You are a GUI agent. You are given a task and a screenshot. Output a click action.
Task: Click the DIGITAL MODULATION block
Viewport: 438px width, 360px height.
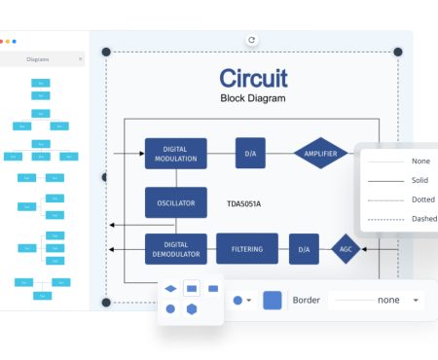pos(176,153)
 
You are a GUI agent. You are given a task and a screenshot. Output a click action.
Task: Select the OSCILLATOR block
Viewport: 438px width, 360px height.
pos(176,203)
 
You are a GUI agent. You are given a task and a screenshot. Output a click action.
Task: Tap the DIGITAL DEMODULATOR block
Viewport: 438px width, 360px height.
pos(176,249)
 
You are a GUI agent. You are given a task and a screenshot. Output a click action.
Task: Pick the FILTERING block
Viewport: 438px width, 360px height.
pos(246,249)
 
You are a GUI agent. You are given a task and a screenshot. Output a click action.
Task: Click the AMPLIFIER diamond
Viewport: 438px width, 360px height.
pos(320,153)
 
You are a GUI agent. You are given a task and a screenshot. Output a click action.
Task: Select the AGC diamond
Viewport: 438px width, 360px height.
pos(345,249)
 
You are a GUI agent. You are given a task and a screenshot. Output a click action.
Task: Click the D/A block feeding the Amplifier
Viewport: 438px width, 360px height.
pos(250,153)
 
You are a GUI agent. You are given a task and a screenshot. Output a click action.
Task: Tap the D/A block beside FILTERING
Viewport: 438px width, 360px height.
pos(304,249)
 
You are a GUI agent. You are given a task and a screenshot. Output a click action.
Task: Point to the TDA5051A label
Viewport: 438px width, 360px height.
pos(244,204)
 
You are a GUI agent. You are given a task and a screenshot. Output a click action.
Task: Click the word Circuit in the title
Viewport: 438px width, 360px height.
pos(252,78)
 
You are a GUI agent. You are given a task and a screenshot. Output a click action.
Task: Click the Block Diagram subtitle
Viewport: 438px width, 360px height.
pos(252,98)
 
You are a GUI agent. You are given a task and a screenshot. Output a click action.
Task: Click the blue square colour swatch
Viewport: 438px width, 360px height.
pos(273,301)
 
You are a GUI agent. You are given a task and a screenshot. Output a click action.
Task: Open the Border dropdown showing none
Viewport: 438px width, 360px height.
pos(376,301)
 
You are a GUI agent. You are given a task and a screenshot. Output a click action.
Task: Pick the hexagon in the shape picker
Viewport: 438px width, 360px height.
pos(193,309)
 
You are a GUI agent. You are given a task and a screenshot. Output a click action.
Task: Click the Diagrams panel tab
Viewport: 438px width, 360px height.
pos(40,58)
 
